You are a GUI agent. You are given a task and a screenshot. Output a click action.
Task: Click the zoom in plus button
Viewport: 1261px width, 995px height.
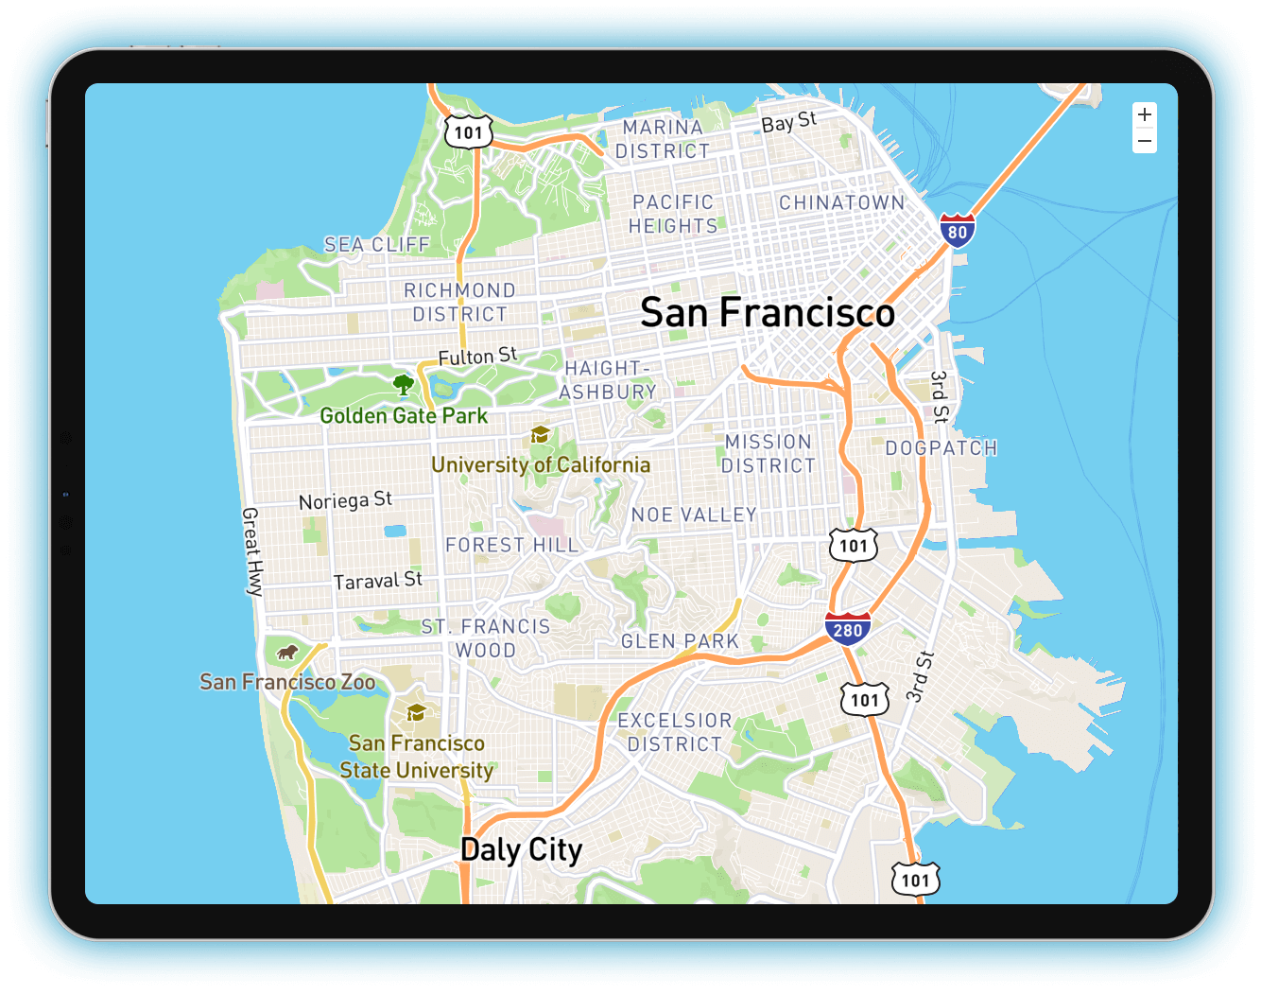pyautogui.click(x=1145, y=114)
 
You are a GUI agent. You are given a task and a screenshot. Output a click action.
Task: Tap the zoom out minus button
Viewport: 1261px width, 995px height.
pyautogui.click(x=1145, y=142)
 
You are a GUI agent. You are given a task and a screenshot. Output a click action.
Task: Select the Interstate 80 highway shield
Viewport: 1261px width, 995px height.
pyautogui.click(x=958, y=231)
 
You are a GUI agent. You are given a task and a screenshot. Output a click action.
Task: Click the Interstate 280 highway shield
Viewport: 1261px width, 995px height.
pyautogui.click(x=847, y=629)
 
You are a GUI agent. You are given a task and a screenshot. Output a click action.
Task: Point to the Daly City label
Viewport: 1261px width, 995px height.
pyautogui.click(x=521, y=849)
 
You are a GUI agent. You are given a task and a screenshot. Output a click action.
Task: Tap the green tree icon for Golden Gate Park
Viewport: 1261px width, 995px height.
pyautogui.click(x=404, y=384)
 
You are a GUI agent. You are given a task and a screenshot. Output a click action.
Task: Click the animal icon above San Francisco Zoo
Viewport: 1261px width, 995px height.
pyautogui.click(x=287, y=653)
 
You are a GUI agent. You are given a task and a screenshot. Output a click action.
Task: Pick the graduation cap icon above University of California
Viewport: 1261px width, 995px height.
pyautogui.click(x=540, y=434)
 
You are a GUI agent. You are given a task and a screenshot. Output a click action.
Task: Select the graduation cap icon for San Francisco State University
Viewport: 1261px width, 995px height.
pyautogui.click(x=416, y=712)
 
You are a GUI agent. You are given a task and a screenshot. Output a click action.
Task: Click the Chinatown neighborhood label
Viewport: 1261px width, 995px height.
pyautogui.click(x=841, y=202)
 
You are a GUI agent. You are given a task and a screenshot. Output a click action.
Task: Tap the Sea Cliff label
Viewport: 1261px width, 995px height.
pyautogui.click(x=377, y=245)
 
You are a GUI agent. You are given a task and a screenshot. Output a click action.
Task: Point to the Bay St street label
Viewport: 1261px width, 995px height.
pyautogui.click(x=788, y=122)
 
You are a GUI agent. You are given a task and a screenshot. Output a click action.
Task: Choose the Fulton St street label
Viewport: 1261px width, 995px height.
pyautogui.click(x=477, y=357)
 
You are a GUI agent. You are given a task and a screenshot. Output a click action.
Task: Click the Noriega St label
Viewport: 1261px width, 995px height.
pyautogui.click(x=345, y=500)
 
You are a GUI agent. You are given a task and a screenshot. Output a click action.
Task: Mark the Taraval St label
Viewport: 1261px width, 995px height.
pyautogui.click(x=377, y=581)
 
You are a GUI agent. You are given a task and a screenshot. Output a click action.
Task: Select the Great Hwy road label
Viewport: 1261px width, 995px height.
pyautogui.click(x=251, y=551)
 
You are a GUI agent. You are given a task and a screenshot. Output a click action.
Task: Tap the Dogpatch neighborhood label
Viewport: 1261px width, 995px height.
pyautogui.click(x=941, y=448)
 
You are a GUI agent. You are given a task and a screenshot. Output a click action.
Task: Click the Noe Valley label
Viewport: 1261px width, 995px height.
pyautogui.click(x=694, y=515)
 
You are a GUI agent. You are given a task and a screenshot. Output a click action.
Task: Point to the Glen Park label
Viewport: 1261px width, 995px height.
pyautogui.click(x=680, y=641)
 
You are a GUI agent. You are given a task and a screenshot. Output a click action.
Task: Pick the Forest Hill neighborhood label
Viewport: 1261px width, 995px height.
pyautogui.click(x=511, y=545)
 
